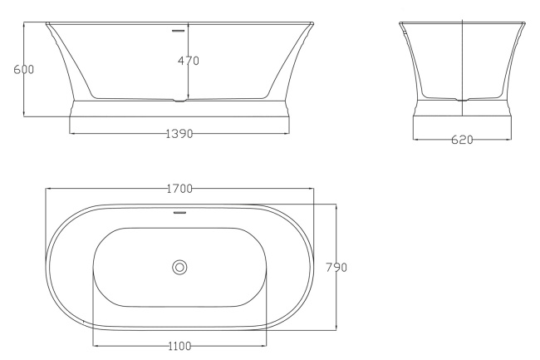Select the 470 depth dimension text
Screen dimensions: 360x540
(x=189, y=61)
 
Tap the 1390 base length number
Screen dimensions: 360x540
(x=179, y=134)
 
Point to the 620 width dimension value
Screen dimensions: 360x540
(x=462, y=140)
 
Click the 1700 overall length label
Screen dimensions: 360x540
(x=179, y=189)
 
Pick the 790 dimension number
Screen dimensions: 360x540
(x=336, y=267)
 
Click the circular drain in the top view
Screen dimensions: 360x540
(x=179, y=267)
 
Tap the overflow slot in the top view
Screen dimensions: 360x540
(x=179, y=211)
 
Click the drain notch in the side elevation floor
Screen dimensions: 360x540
(x=179, y=101)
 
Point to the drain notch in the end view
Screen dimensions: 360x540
(x=461, y=100)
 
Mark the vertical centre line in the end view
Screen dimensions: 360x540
(x=461, y=58)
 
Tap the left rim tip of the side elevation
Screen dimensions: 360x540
(x=47, y=23)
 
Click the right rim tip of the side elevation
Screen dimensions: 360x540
(x=313, y=23)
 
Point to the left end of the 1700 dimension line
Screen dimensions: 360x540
(x=46, y=189)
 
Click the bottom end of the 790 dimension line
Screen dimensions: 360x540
(x=336, y=332)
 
